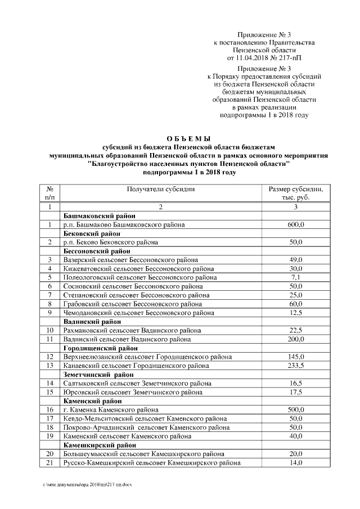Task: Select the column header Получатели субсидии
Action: [x=161, y=189]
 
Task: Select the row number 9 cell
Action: [x=50, y=312]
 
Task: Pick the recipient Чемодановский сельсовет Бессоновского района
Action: [x=139, y=312]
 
